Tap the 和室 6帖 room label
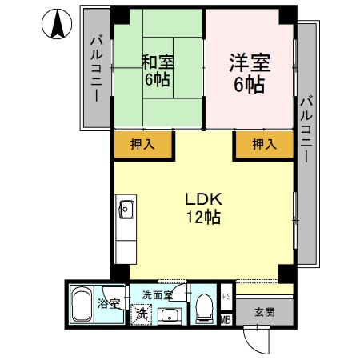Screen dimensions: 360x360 pyautogui.click(x=158, y=70)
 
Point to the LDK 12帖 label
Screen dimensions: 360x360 pyautogui.click(x=203, y=207)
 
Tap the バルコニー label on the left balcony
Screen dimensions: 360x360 pyautogui.click(x=95, y=68)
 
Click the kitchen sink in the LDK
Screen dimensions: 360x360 pyautogui.click(x=125, y=210)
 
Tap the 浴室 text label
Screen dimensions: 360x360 pyautogui.click(x=109, y=304)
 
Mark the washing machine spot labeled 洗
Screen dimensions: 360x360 pyautogui.click(x=141, y=314)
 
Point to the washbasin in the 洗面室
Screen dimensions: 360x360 pyautogui.click(x=170, y=316)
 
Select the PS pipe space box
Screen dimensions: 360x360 pyautogui.click(x=226, y=296)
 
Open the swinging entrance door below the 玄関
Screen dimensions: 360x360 pyautogui.click(x=258, y=340)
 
